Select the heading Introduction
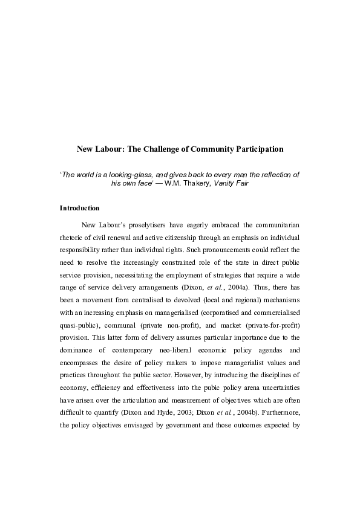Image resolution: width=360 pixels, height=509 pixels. (79, 208)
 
